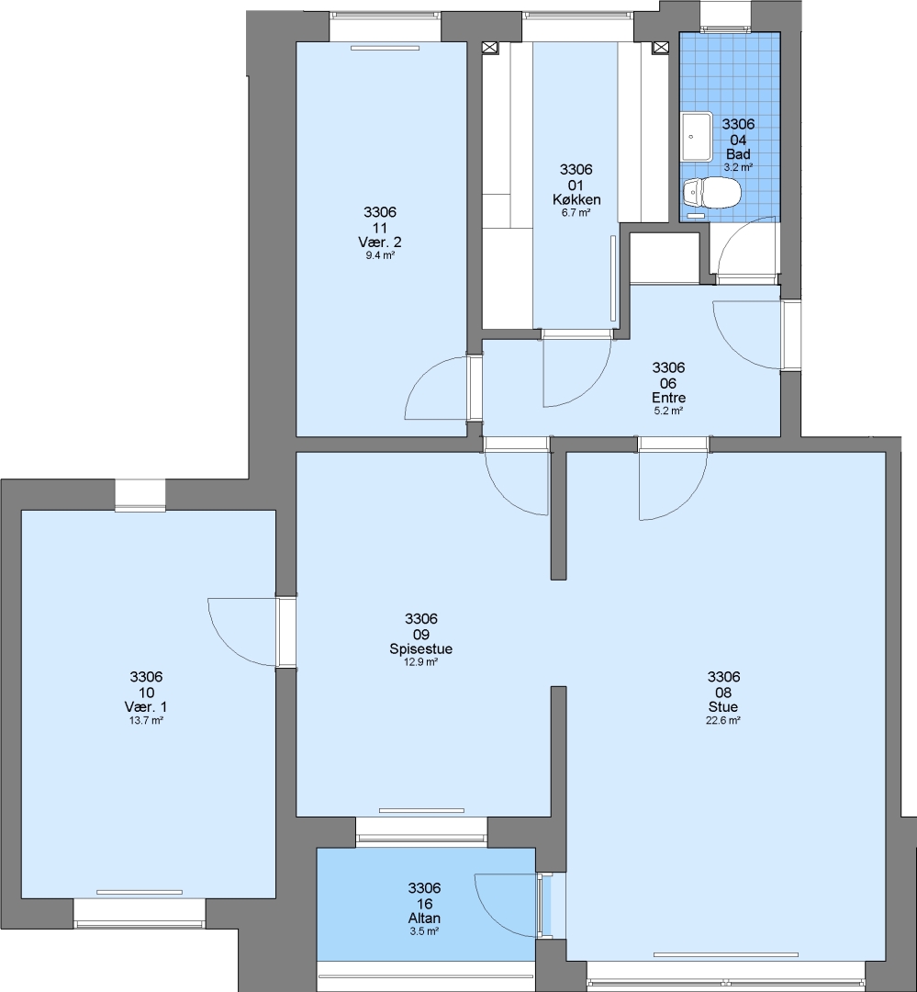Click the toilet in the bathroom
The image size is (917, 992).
712,192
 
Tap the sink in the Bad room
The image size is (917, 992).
697,137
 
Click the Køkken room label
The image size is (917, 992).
576,200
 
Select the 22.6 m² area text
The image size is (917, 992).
723,721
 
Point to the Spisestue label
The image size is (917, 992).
421,649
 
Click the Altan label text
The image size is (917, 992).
424,918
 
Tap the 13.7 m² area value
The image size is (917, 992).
146,721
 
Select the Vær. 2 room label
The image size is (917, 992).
379,242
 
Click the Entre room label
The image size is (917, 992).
668,398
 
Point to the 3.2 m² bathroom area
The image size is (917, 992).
738,168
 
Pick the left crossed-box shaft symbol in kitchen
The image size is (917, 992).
490,48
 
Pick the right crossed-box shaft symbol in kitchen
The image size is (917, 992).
660,48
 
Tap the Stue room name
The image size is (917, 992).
723,707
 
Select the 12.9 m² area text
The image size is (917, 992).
421,662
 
